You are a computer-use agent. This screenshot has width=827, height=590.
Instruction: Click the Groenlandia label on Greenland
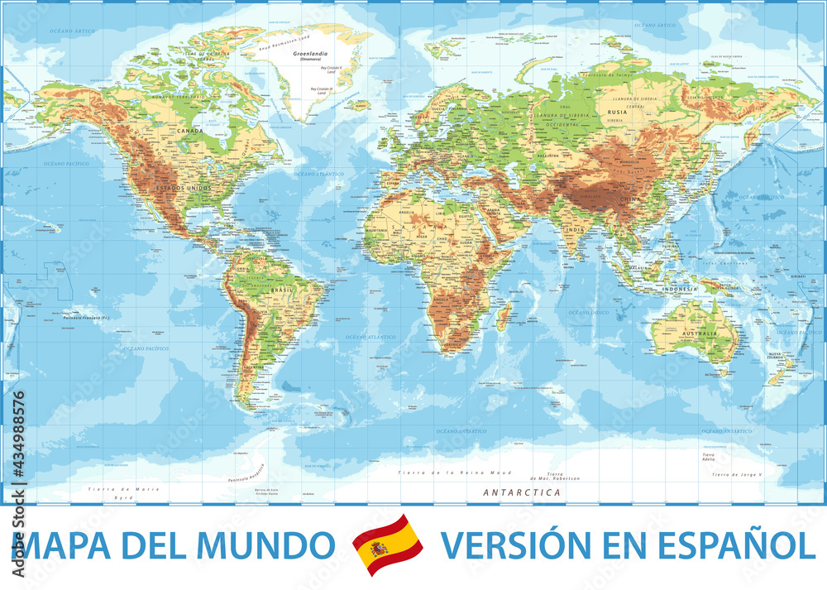307,53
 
